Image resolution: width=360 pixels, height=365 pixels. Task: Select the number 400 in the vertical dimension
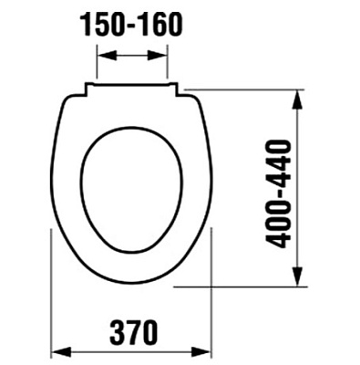click(x=280, y=227)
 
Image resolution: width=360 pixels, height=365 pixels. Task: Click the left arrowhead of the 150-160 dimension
click(x=101, y=57)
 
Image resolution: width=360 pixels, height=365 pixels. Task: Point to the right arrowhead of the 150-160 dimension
click(x=164, y=57)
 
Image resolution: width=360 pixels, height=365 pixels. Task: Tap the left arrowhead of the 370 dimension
click(x=54, y=350)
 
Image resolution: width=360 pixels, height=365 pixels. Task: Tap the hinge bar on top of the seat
click(x=131, y=87)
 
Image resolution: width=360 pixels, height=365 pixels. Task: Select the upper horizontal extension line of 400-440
click(x=246, y=89)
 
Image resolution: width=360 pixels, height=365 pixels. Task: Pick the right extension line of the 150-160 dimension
click(x=170, y=64)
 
